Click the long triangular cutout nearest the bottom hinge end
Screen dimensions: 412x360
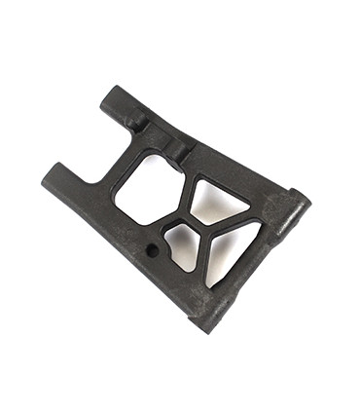(232, 251)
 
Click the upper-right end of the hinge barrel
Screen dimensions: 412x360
(300, 202)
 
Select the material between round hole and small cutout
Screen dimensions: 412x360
(165, 247)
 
